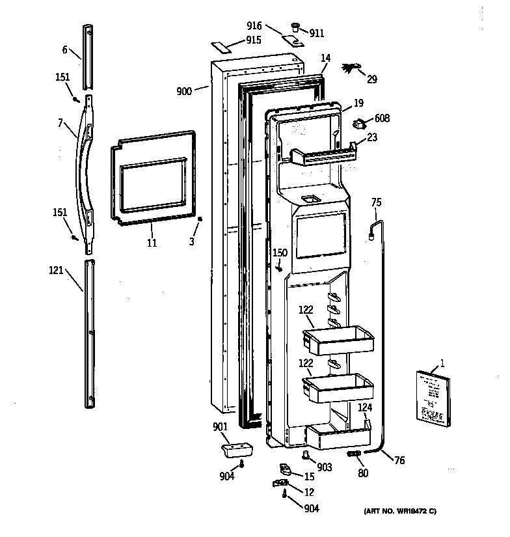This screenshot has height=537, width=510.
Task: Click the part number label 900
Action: coord(183,91)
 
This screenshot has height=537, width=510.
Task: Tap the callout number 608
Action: coord(382,119)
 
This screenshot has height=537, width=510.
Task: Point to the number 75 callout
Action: coord(376,202)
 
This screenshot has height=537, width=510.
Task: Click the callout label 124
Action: coord(365,407)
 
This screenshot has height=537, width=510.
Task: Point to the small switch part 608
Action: coord(360,122)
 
